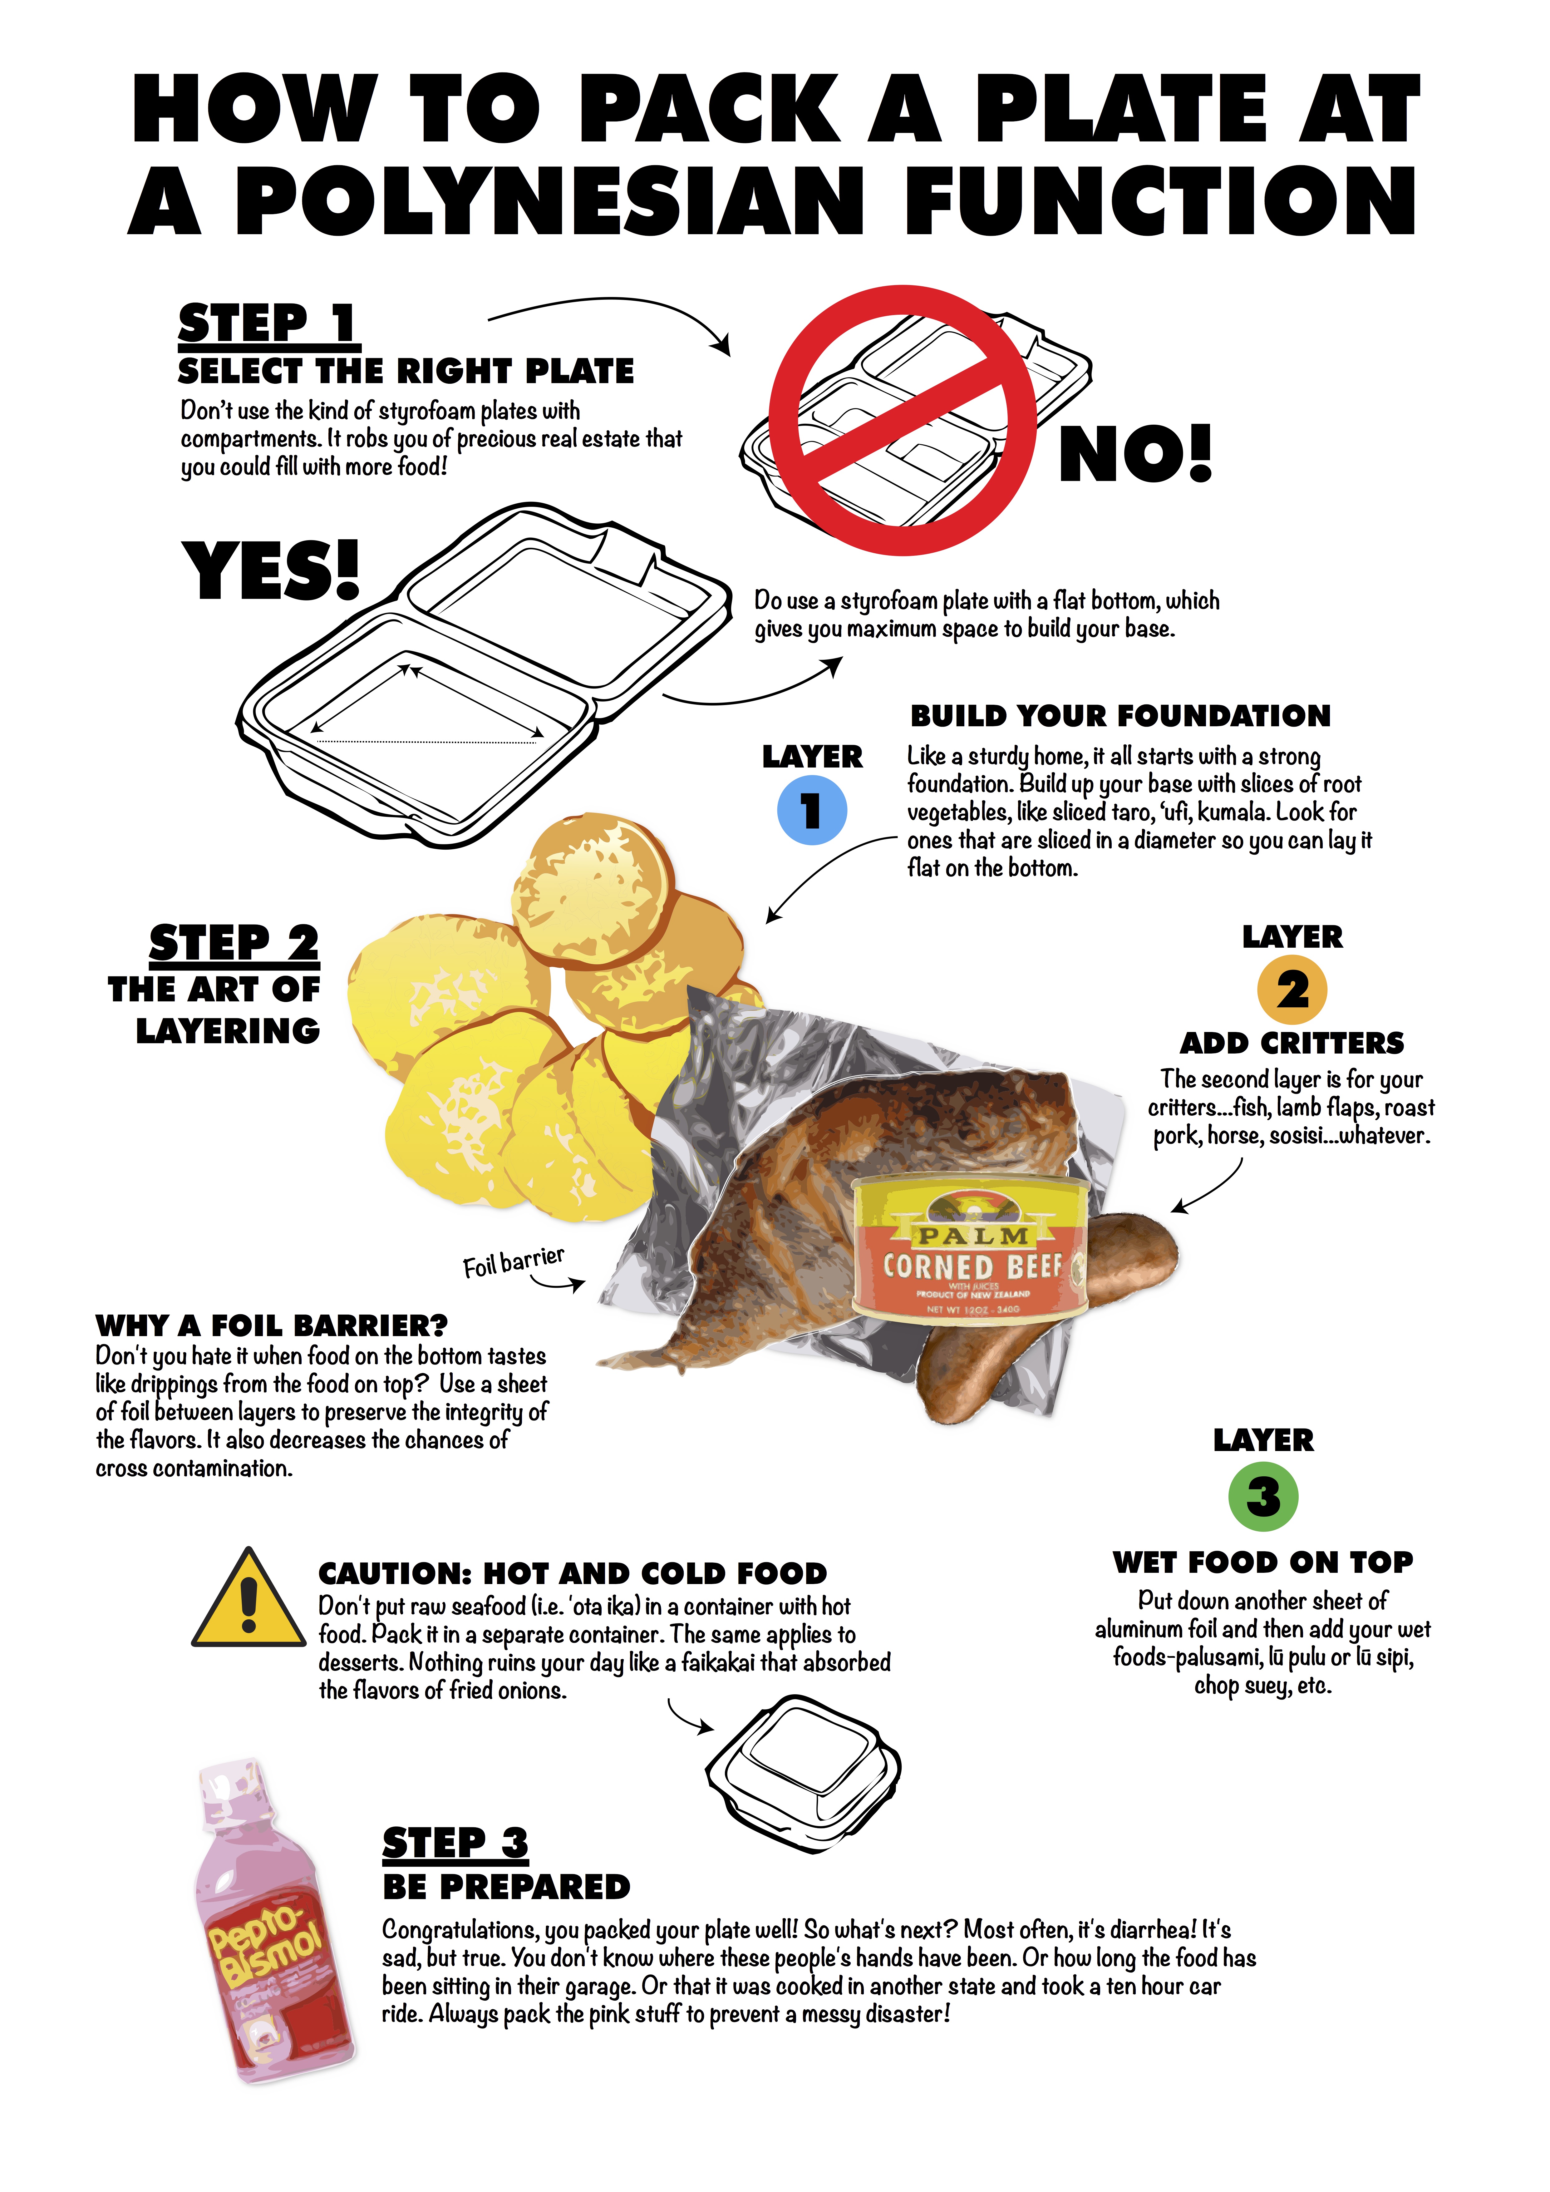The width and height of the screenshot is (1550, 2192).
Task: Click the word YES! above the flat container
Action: click(271, 570)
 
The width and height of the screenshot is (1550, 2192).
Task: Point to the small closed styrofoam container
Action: click(803, 1774)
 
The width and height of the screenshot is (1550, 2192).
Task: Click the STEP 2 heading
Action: click(234, 943)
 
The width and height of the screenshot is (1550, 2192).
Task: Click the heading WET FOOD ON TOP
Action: click(1263, 1562)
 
